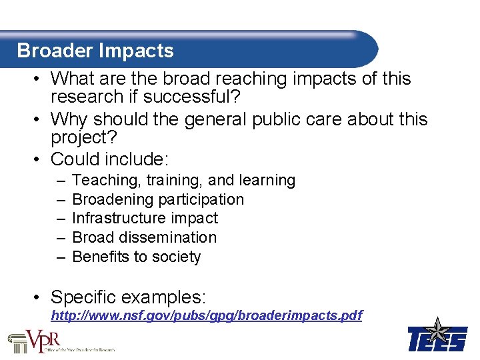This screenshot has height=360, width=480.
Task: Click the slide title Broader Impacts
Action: click(95, 51)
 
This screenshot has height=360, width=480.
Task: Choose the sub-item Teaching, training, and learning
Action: click(183, 180)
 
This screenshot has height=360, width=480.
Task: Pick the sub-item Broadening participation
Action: click(158, 199)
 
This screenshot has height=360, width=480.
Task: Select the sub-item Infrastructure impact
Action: click(145, 218)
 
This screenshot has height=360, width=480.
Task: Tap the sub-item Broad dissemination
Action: click(144, 237)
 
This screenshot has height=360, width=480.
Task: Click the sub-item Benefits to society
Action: click(136, 257)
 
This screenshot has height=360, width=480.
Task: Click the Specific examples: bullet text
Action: click(129, 297)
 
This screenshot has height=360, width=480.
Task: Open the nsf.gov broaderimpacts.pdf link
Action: click(207, 315)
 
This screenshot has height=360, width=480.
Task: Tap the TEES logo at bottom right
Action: click(437, 337)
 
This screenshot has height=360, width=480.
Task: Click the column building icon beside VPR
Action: click(17, 341)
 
